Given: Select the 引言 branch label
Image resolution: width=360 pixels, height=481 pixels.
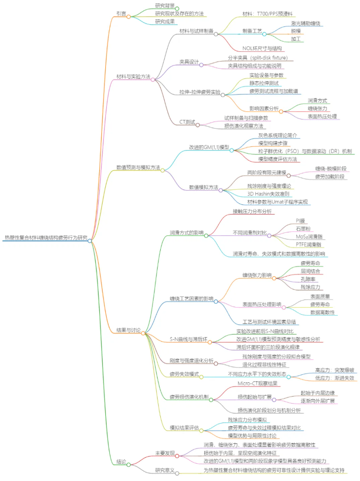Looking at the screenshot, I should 121,14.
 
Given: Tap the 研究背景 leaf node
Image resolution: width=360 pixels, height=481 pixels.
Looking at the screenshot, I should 166,6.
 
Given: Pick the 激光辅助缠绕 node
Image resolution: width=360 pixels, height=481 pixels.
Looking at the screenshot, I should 305,22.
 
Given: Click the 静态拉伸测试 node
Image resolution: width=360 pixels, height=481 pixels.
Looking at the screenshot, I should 263,83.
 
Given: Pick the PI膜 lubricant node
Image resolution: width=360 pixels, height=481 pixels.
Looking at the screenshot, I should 301,220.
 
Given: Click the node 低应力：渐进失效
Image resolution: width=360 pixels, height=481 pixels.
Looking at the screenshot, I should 334,378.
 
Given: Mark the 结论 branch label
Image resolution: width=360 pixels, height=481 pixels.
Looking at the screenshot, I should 121,462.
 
